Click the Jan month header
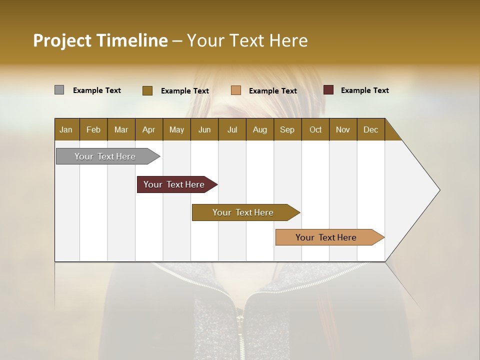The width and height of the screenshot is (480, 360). point(66,130)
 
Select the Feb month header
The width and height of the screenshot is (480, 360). point(93,130)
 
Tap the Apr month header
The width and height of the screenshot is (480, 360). point(148,130)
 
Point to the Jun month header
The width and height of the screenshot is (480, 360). point(204,130)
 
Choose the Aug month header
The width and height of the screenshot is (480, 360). point(259,130)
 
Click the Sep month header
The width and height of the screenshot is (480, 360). point(287,130)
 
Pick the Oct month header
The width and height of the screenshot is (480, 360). point(315,130)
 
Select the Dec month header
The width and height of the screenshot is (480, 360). point(370,130)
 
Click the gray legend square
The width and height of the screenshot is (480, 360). point(59,90)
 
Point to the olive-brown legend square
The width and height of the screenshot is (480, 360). point(147,90)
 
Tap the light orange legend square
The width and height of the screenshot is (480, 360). point(236,90)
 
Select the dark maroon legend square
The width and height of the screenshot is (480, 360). point(328,90)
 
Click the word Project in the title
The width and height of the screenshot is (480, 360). point(62,40)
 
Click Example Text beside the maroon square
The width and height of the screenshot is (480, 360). point(364,90)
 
